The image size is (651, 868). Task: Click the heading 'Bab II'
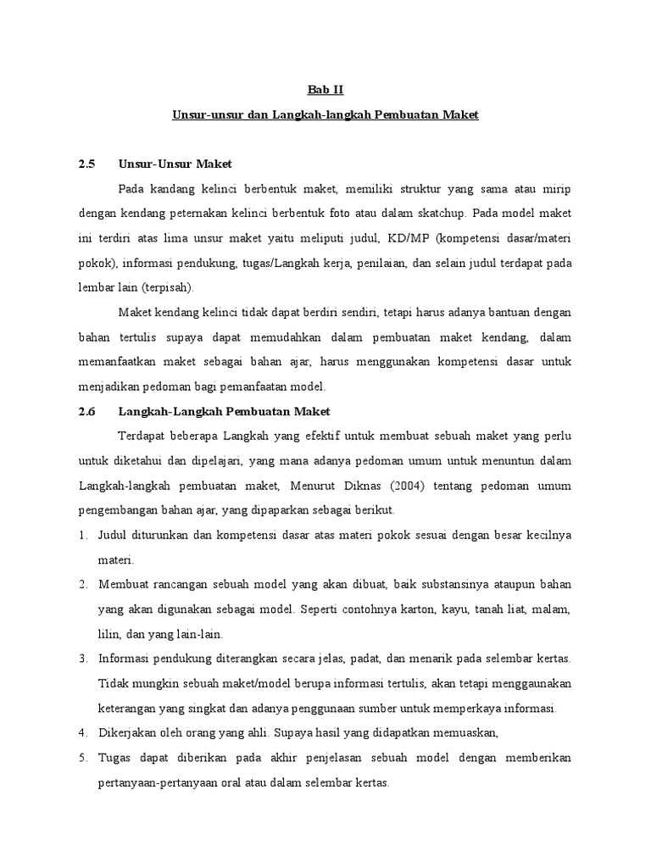325,89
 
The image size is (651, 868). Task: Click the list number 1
82,537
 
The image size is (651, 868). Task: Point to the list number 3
82,659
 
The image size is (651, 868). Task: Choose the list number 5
82,758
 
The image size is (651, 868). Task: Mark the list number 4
82,732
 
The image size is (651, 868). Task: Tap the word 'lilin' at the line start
112,635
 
